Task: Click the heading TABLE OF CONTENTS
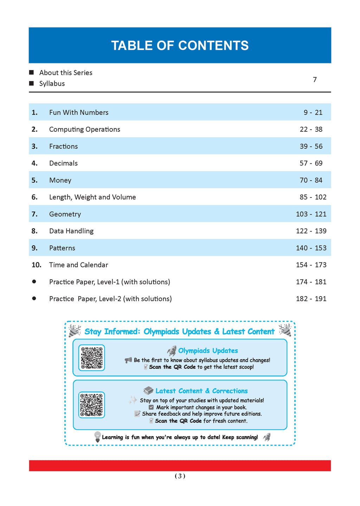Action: point(180,46)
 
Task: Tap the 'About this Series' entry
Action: point(66,73)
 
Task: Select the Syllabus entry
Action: point(52,84)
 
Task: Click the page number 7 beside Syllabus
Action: point(315,80)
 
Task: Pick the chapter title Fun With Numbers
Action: point(79,112)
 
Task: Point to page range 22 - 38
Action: point(311,129)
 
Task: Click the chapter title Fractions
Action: point(63,146)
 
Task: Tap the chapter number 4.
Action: point(34,163)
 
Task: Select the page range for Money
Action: point(311,180)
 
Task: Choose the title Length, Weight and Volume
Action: point(92,197)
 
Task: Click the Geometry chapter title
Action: point(65,214)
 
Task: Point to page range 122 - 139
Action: point(311,231)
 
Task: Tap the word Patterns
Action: point(62,248)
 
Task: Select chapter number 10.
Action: point(37,265)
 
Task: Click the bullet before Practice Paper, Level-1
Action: point(34,281)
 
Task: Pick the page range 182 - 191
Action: point(311,299)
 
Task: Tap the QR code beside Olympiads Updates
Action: point(92,358)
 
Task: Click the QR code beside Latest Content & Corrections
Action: point(92,405)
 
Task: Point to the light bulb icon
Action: point(97,437)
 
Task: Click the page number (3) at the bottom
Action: point(180,476)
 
